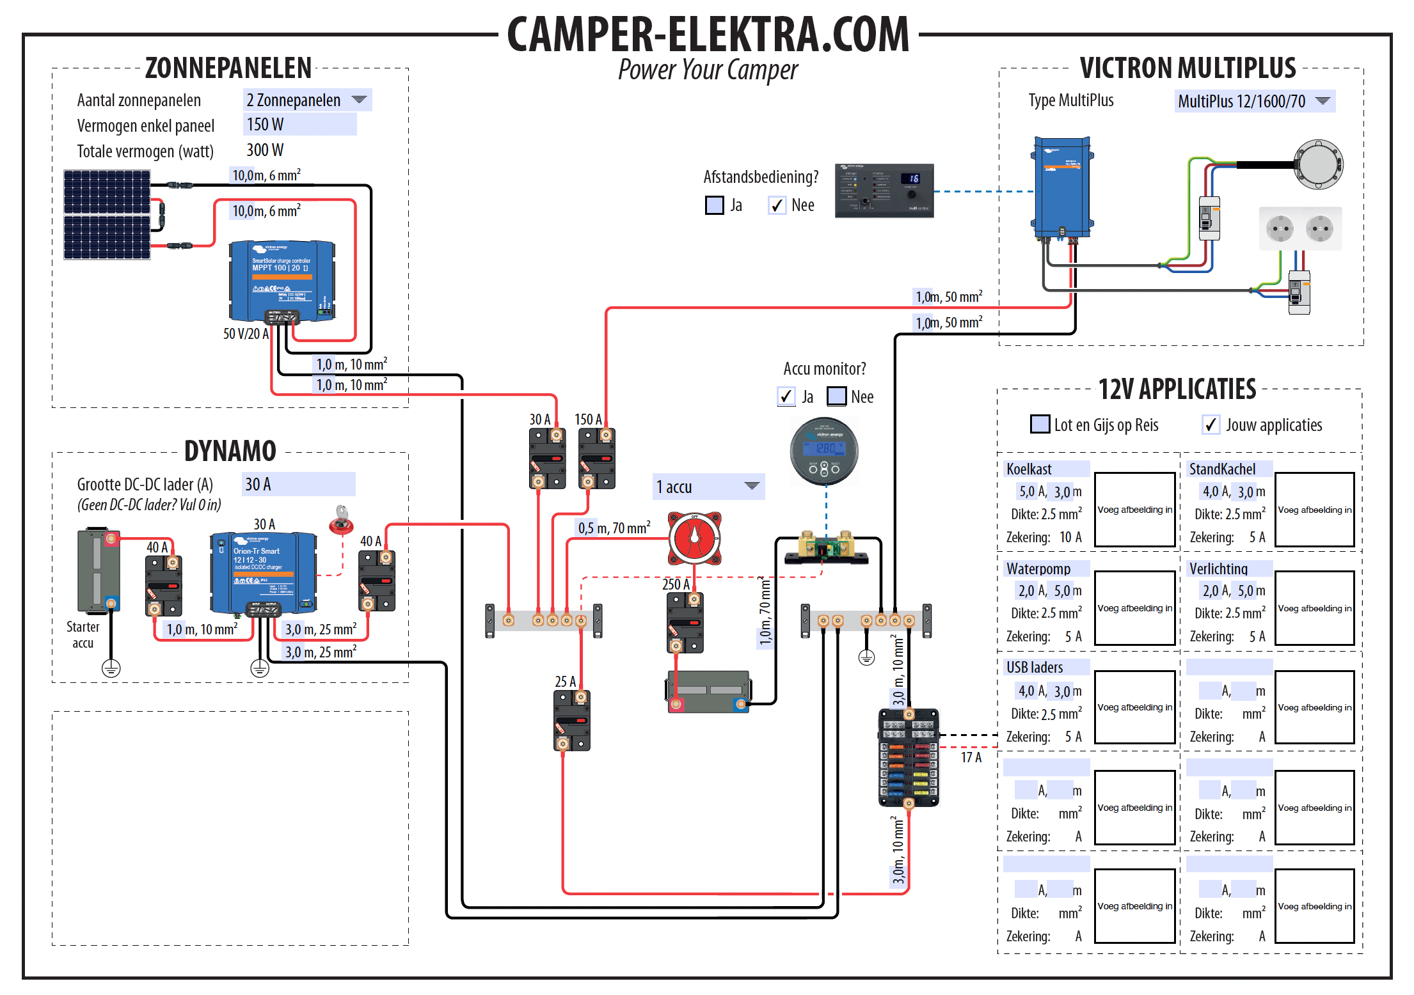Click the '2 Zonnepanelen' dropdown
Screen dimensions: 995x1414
pyautogui.click(x=307, y=100)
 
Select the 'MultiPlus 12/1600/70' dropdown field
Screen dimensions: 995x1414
pyautogui.click(x=1254, y=101)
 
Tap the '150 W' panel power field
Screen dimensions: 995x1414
pyautogui.click(x=299, y=125)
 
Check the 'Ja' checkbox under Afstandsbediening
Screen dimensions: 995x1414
pyautogui.click(x=714, y=205)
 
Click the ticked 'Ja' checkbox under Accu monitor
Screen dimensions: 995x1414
pyautogui.click(x=786, y=396)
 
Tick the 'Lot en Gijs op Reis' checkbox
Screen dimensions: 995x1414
pyautogui.click(x=1040, y=425)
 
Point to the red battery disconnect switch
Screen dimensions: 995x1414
pyautogui.click(x=695, y=538)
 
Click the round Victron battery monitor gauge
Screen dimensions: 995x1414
pyautogui.click(x=824, y=451)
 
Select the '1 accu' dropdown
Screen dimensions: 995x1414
pyautogui.click(x=708, y=487)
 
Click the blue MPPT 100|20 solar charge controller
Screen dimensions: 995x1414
pyautogui.click(x=282, y=281)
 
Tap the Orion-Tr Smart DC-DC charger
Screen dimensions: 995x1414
pyautogui.click(x=263, y=572)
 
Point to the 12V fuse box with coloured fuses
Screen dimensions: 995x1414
pyautogui.click(x=909, y=757)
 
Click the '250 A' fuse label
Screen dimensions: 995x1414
pyautogui.click(x=676, y=584)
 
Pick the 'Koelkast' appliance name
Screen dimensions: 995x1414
pyautogui.click(x=1029, y=469)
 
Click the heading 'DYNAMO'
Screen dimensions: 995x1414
pyautogui.click(x=230, y=451)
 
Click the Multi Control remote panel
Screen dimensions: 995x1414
pyautogui.click(x=884, y=191)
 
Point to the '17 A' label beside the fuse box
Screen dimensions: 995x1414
pyautogui.click(x=971, y=758)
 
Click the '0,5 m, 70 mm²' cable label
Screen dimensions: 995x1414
pyautogui.click(x=614, y=528)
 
